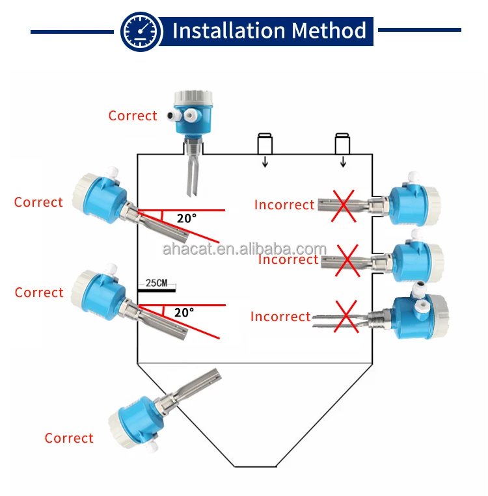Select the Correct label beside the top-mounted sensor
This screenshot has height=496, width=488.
(133, 116)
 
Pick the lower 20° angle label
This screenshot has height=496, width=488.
(183, 313)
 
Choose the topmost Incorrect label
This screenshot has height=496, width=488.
(284, 205)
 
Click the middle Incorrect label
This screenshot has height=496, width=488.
(288, 259)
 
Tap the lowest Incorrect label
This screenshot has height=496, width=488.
(280, 317)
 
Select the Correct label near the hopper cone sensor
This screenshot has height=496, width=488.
(69, 438)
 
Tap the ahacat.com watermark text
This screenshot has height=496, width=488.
(244, 250)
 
